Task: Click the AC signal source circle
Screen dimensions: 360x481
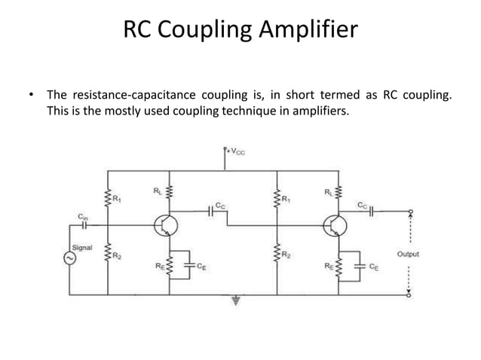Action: point(71,258)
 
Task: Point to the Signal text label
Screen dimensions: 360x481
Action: point(82,246)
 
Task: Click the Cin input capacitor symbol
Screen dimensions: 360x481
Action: point(84,224)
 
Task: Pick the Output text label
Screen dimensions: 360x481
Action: point(407,254)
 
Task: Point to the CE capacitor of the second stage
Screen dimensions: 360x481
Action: point(360,265)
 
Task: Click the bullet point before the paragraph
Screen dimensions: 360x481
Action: point(31,95)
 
